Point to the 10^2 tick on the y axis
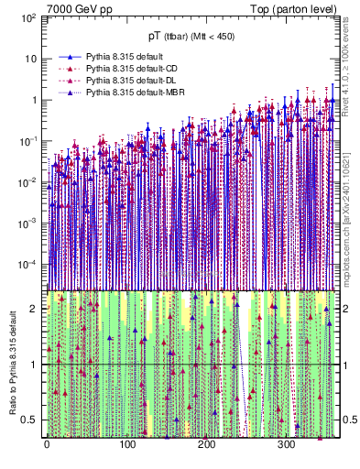[x=29, y=18]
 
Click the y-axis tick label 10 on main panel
[x=31, y=60]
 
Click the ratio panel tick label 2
[x=35, y=309]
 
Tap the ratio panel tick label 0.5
[x=31, y=420]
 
